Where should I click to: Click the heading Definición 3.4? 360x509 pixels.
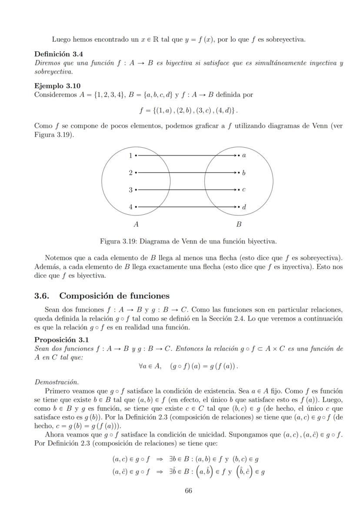click(59, 54)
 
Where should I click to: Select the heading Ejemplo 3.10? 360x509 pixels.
click(57, 86)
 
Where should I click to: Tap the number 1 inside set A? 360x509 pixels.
click(130, 155)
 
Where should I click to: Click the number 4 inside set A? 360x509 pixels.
click(130, 207)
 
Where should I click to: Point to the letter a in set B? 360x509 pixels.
click(244, 155)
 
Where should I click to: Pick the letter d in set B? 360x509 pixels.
click(244, 207)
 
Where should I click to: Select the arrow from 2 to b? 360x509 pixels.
click(187, 173)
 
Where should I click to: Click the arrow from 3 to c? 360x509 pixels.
click(187, 190)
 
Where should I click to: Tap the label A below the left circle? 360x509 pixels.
click(136, 225)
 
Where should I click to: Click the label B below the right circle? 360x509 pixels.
click(239, 225)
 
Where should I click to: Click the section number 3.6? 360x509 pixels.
click(43, 296)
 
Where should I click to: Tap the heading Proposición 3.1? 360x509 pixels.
click(61, 340)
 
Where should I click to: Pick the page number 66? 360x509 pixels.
click(188, 491)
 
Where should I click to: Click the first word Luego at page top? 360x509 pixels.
click(62, 40)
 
